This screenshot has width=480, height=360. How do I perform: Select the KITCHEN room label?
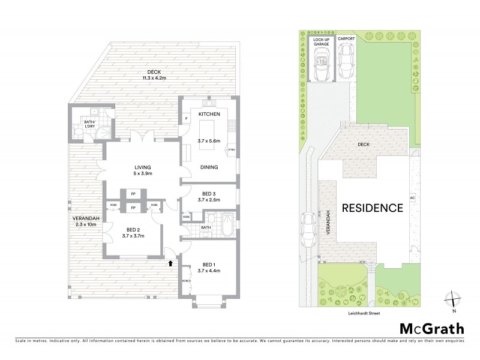(x=209, y=114)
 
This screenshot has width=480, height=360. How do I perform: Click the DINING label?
(x=209, y=167)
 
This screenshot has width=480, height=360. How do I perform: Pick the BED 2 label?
(x=133, y=229)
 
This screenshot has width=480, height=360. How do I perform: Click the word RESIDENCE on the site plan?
(x=372, y=208)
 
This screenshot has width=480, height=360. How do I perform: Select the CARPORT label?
(x=346, y=38)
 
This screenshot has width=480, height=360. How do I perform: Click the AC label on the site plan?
(x=412, y=197)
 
